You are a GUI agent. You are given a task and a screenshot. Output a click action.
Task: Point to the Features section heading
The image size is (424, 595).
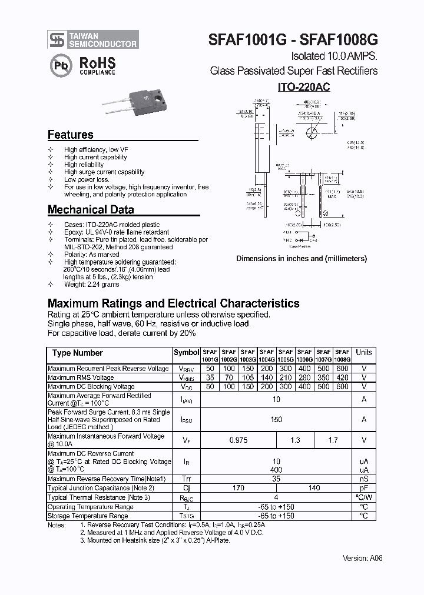[70, 135]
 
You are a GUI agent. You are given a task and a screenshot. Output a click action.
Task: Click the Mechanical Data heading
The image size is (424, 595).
[91, 210]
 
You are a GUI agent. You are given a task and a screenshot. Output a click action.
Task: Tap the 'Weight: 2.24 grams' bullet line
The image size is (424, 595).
[91, 285]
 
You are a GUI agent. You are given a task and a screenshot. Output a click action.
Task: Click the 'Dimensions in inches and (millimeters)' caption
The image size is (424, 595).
[302, 259]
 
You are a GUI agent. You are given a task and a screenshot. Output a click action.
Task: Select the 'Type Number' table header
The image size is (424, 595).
[77, 353]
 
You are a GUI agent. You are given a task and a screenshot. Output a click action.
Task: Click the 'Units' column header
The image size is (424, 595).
[364, 353]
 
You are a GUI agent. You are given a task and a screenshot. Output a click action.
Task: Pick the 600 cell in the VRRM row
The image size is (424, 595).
[342, 369]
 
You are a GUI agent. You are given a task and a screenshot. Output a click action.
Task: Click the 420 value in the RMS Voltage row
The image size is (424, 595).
[342, 378]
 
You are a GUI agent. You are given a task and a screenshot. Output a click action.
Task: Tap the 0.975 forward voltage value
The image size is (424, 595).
[238, 440]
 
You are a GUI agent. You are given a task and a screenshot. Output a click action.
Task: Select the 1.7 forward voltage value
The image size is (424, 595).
[333, 440]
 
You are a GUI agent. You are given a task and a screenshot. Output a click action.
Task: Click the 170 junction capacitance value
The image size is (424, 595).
[238, 488]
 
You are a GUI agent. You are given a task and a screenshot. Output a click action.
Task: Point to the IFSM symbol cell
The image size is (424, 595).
[186, 420]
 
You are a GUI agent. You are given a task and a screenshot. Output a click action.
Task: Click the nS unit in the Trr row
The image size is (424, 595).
[364, 479]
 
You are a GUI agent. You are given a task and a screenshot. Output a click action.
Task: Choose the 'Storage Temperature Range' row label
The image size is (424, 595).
[88, 516]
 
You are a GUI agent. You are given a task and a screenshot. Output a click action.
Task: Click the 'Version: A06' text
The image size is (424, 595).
[362, 558]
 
